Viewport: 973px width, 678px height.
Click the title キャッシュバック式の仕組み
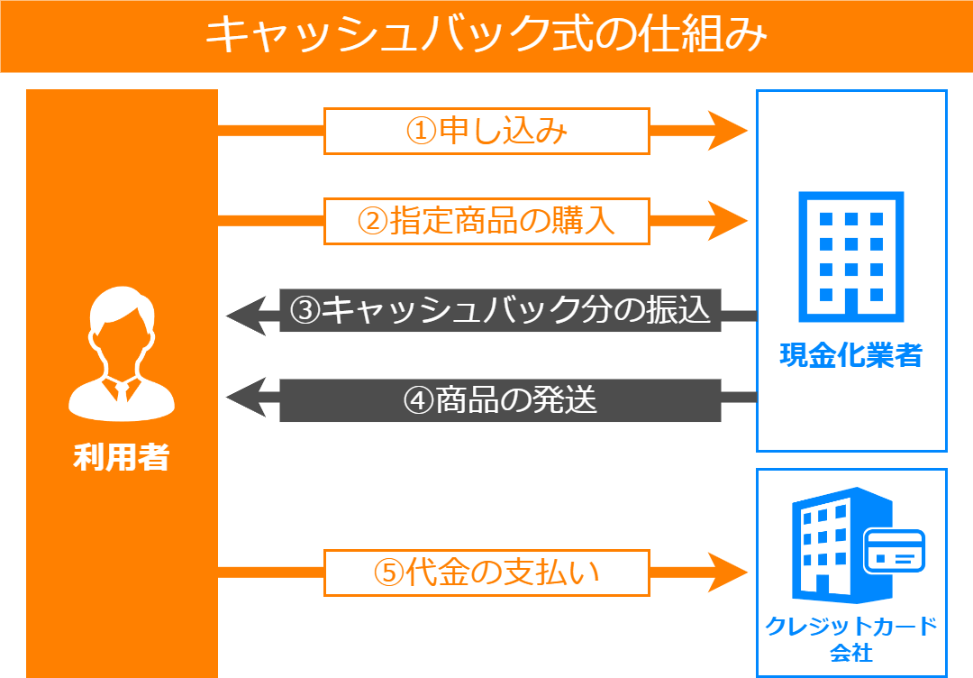coord(486,36)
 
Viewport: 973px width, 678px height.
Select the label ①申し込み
coord(486,132)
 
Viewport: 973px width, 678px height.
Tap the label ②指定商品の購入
coord(486,220)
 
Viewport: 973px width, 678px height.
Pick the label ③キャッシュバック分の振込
coord(500,310)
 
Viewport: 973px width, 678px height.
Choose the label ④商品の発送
coord(500,399)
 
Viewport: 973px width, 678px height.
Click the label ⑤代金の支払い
coord(486,573)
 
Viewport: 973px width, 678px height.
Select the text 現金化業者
coord(850,355)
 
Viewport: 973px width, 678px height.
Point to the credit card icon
coord(895,552)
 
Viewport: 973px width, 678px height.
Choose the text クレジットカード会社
coord(850,638)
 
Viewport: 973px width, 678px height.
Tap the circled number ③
coord(305,311)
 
